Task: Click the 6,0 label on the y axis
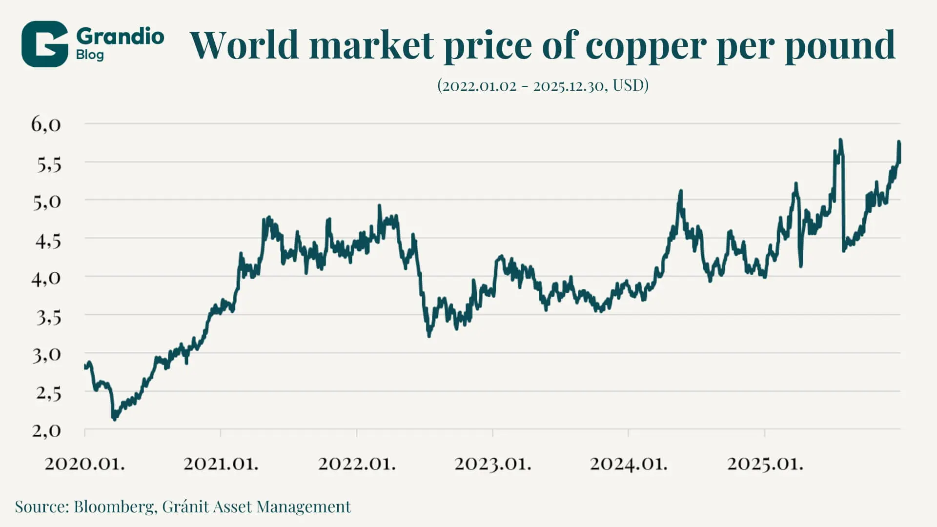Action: pyautogui.click(x=46, y=124)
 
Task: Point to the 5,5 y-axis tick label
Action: pyautogui.click(x=49, y=165)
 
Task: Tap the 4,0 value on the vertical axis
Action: pyautogui.click(x=46, y=278)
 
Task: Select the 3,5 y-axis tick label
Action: pyautogui.click(x=49, y=317)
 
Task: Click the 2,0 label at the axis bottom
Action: pyautogui.click(x=46, y=430)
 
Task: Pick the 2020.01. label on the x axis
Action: pyautogui.click(x=84, y=463)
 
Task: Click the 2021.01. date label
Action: pyautogui.click(x=221, y=463)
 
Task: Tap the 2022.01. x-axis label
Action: pyautogui.click(x=357, y=463)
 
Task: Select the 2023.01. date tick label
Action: pyautogui.click(x=493, y=463)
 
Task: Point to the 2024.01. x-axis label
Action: pyautogui.click(x=629, y=463)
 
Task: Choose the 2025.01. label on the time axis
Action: pyautogui.click(x=765, y=463)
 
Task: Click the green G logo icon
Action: pyautogui.click(x=44, y=44)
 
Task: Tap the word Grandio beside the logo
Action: pyautogui.click(x=120, y=37)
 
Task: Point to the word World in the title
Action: pyautogui.click(x=244, y=45)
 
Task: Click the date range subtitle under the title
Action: pyautogui.click(x=543, y=85)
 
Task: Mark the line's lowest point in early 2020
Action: pyautogui.click(x=115, y=419)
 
